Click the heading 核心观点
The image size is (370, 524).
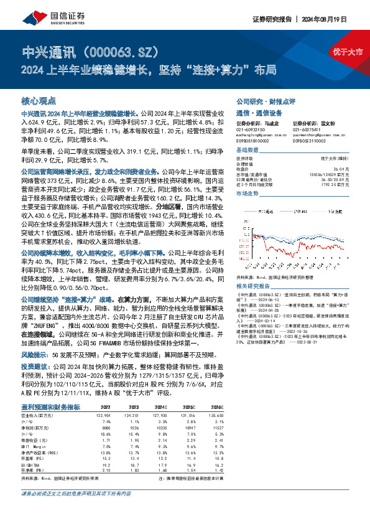coord(39,101)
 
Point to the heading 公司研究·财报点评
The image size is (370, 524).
coord(264,101)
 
